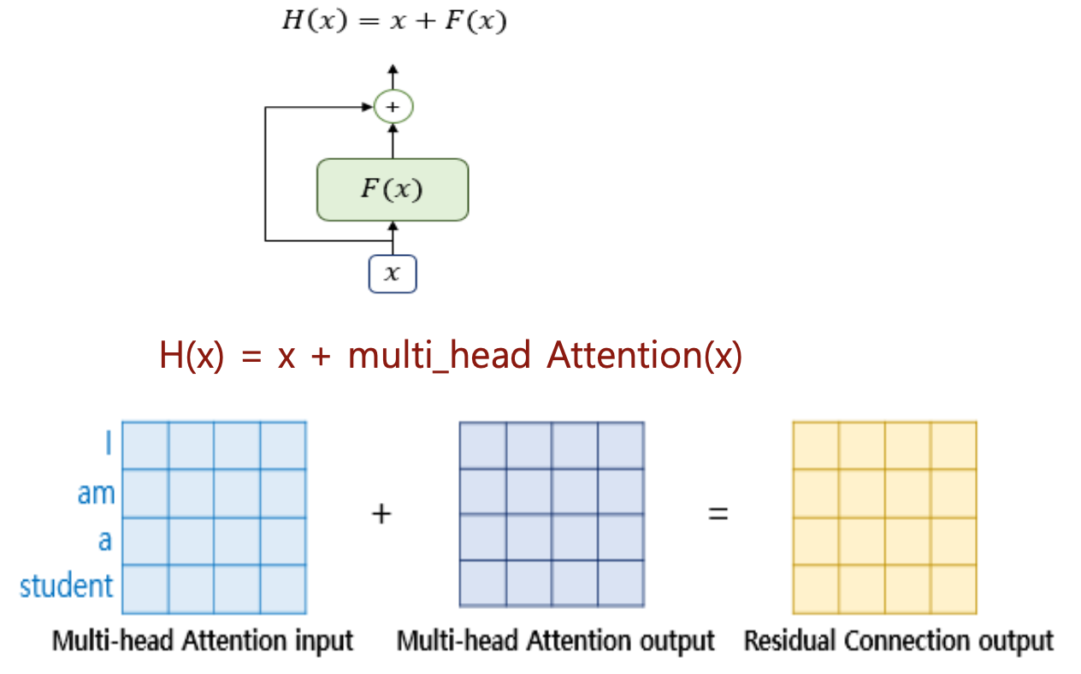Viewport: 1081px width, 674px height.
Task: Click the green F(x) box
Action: pos(393,189)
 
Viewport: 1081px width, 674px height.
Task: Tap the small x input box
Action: pos(393,275)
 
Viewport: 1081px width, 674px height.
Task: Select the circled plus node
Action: pos(393,107)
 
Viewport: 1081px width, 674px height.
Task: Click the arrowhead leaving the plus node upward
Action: pos(393,68)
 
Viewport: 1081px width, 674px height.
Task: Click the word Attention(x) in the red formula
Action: pos(644,356)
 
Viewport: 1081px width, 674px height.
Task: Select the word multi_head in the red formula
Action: pos(440,356)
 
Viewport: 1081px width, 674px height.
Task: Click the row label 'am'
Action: pos(96,494)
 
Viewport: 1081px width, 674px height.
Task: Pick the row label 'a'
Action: pos(104,541)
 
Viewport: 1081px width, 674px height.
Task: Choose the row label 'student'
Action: pos(67,586)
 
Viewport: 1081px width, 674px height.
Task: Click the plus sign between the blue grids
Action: pos(381,514)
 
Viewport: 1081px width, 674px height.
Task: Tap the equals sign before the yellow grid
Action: pos(718,514)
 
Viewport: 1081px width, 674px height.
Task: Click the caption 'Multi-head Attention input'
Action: pos(203,641)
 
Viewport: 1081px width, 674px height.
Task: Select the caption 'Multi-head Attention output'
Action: pos(556,641)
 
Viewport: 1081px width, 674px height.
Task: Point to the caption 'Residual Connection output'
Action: pos(899,641)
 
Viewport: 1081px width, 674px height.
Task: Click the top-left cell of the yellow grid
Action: pos(816,445)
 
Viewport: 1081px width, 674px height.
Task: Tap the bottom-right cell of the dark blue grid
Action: pos(620,583)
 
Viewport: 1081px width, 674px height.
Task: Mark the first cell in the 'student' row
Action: pos(145,589)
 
